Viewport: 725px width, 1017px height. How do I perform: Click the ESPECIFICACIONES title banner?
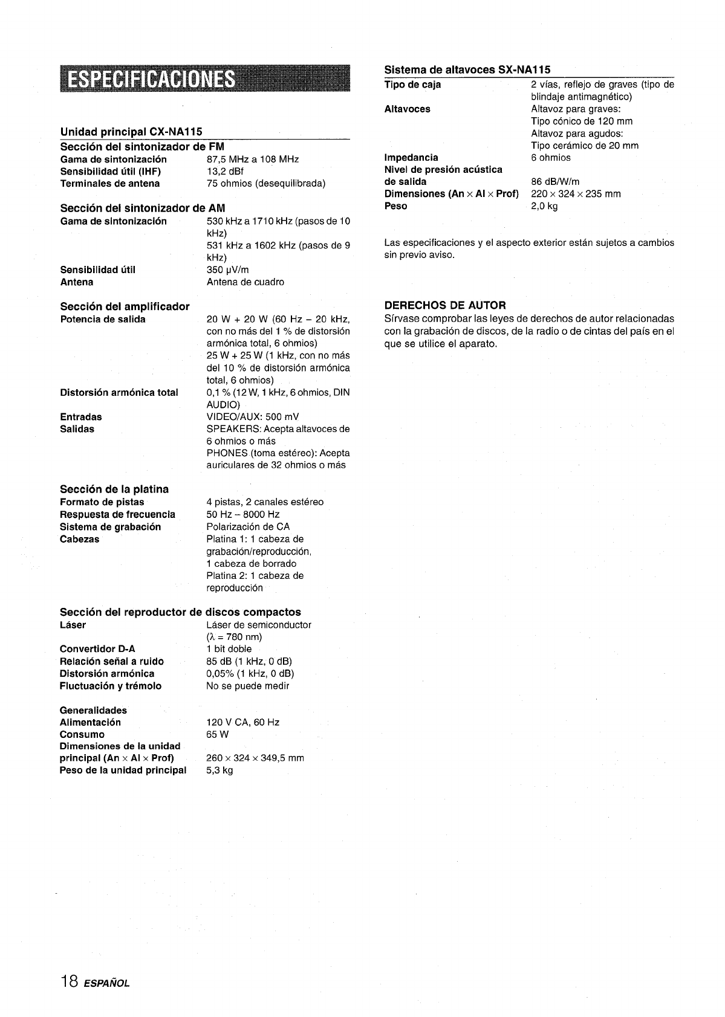(x=205, y=79)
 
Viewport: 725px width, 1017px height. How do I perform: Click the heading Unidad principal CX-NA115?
(x=131, y=132)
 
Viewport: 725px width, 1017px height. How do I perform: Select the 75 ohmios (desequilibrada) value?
(x=266, y=184)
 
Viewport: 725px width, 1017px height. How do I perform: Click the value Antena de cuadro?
(x=245, y=282)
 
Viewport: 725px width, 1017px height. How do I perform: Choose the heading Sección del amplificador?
(x=125, y=306)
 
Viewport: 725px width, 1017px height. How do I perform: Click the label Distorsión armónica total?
(x=119, y=393)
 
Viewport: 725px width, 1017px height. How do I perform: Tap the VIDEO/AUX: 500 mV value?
(x=253, y=417)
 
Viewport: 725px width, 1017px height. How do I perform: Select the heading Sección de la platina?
(x=114, y=489)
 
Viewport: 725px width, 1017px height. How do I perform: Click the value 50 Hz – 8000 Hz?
(x=243, y=515)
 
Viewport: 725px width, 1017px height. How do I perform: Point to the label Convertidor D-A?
(x=97, y=649)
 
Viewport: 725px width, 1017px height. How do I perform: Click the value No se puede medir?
(x=248, y=686)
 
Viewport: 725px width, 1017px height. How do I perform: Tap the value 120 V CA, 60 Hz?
(x=243, y=723)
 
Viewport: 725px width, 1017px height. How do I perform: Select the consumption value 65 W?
(x=218, y=735)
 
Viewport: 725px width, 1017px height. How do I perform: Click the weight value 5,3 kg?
(x=219, y=770)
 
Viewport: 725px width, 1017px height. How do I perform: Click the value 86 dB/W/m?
(x=555, y=182)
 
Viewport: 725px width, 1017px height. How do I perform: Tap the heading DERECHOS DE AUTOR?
(x=445, y=305)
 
